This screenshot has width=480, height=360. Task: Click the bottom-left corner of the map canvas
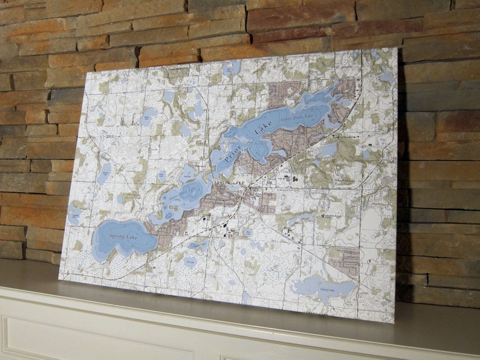point(59,278)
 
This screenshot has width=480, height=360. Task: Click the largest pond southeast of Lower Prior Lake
point(328,149)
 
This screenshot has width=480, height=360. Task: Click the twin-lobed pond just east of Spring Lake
point(198,245)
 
